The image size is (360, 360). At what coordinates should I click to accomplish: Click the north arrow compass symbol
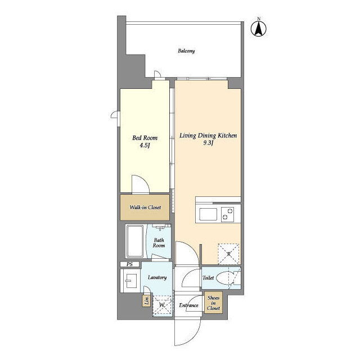259,29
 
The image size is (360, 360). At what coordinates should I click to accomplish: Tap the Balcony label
186,51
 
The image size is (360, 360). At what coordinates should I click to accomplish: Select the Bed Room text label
145,138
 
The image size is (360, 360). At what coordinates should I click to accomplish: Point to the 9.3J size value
208,143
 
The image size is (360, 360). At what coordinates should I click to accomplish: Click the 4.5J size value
145,146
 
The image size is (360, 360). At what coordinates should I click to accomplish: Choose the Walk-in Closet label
145,208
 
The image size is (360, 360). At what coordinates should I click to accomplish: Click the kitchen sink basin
208,214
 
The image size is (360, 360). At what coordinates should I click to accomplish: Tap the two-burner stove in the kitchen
227,214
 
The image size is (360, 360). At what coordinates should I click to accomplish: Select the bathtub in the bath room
135,241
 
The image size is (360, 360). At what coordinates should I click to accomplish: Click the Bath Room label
159,243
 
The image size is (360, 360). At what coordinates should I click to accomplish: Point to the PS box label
129,264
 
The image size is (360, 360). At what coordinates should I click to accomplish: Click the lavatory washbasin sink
130,281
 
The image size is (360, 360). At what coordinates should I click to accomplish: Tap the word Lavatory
157,277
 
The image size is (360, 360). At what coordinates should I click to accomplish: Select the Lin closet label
146,300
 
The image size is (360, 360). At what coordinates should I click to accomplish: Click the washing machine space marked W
162,305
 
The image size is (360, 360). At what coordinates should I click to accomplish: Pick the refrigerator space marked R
229,254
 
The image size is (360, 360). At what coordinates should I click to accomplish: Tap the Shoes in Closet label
213,303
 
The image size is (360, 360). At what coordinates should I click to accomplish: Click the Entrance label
188,305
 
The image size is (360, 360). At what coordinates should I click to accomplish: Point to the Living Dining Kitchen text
208,136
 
